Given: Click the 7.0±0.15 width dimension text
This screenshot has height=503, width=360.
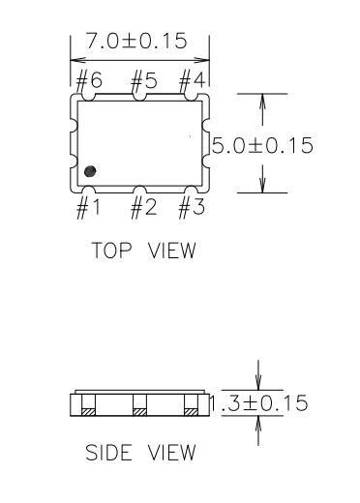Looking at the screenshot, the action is (136, 41).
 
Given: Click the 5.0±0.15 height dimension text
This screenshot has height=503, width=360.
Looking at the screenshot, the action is (262, 145).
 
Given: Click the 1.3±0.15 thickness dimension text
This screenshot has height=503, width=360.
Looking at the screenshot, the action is (258, 403).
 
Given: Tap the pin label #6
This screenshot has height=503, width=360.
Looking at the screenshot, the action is (89, 80).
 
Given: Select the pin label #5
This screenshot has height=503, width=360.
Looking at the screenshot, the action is (144, 79).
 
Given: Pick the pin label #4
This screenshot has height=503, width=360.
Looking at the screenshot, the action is (192, 80).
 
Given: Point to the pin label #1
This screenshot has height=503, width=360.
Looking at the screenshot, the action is (88, 208).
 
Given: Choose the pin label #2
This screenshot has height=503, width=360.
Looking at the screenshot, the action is (144, 208).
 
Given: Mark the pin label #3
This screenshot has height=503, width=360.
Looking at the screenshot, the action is (192, 208).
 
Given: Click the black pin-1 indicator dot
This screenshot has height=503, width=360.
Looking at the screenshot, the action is (90, 171).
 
